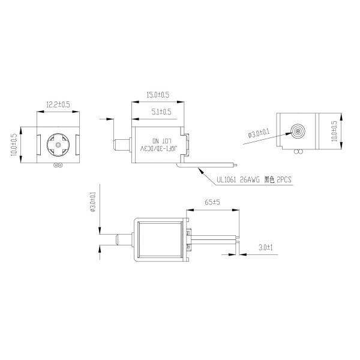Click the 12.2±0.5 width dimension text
[58, 104]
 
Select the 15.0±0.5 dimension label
[158, 95]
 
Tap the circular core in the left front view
[58, 144]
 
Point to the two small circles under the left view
[58, 164]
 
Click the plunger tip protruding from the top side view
[118, 144]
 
